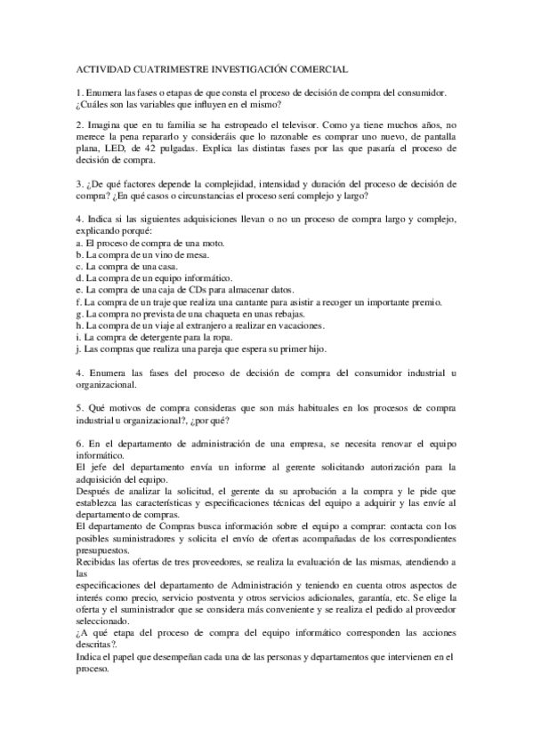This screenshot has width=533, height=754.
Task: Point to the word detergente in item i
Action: pyautogui.click(x=159, y=337)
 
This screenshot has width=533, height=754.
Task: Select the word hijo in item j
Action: pyautogui.click(x=314, y=349)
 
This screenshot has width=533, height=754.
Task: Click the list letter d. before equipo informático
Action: pyautogui.click(x=79, y=278)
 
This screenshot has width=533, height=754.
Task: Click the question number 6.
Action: pyautogui.click(x=79, y=443)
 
